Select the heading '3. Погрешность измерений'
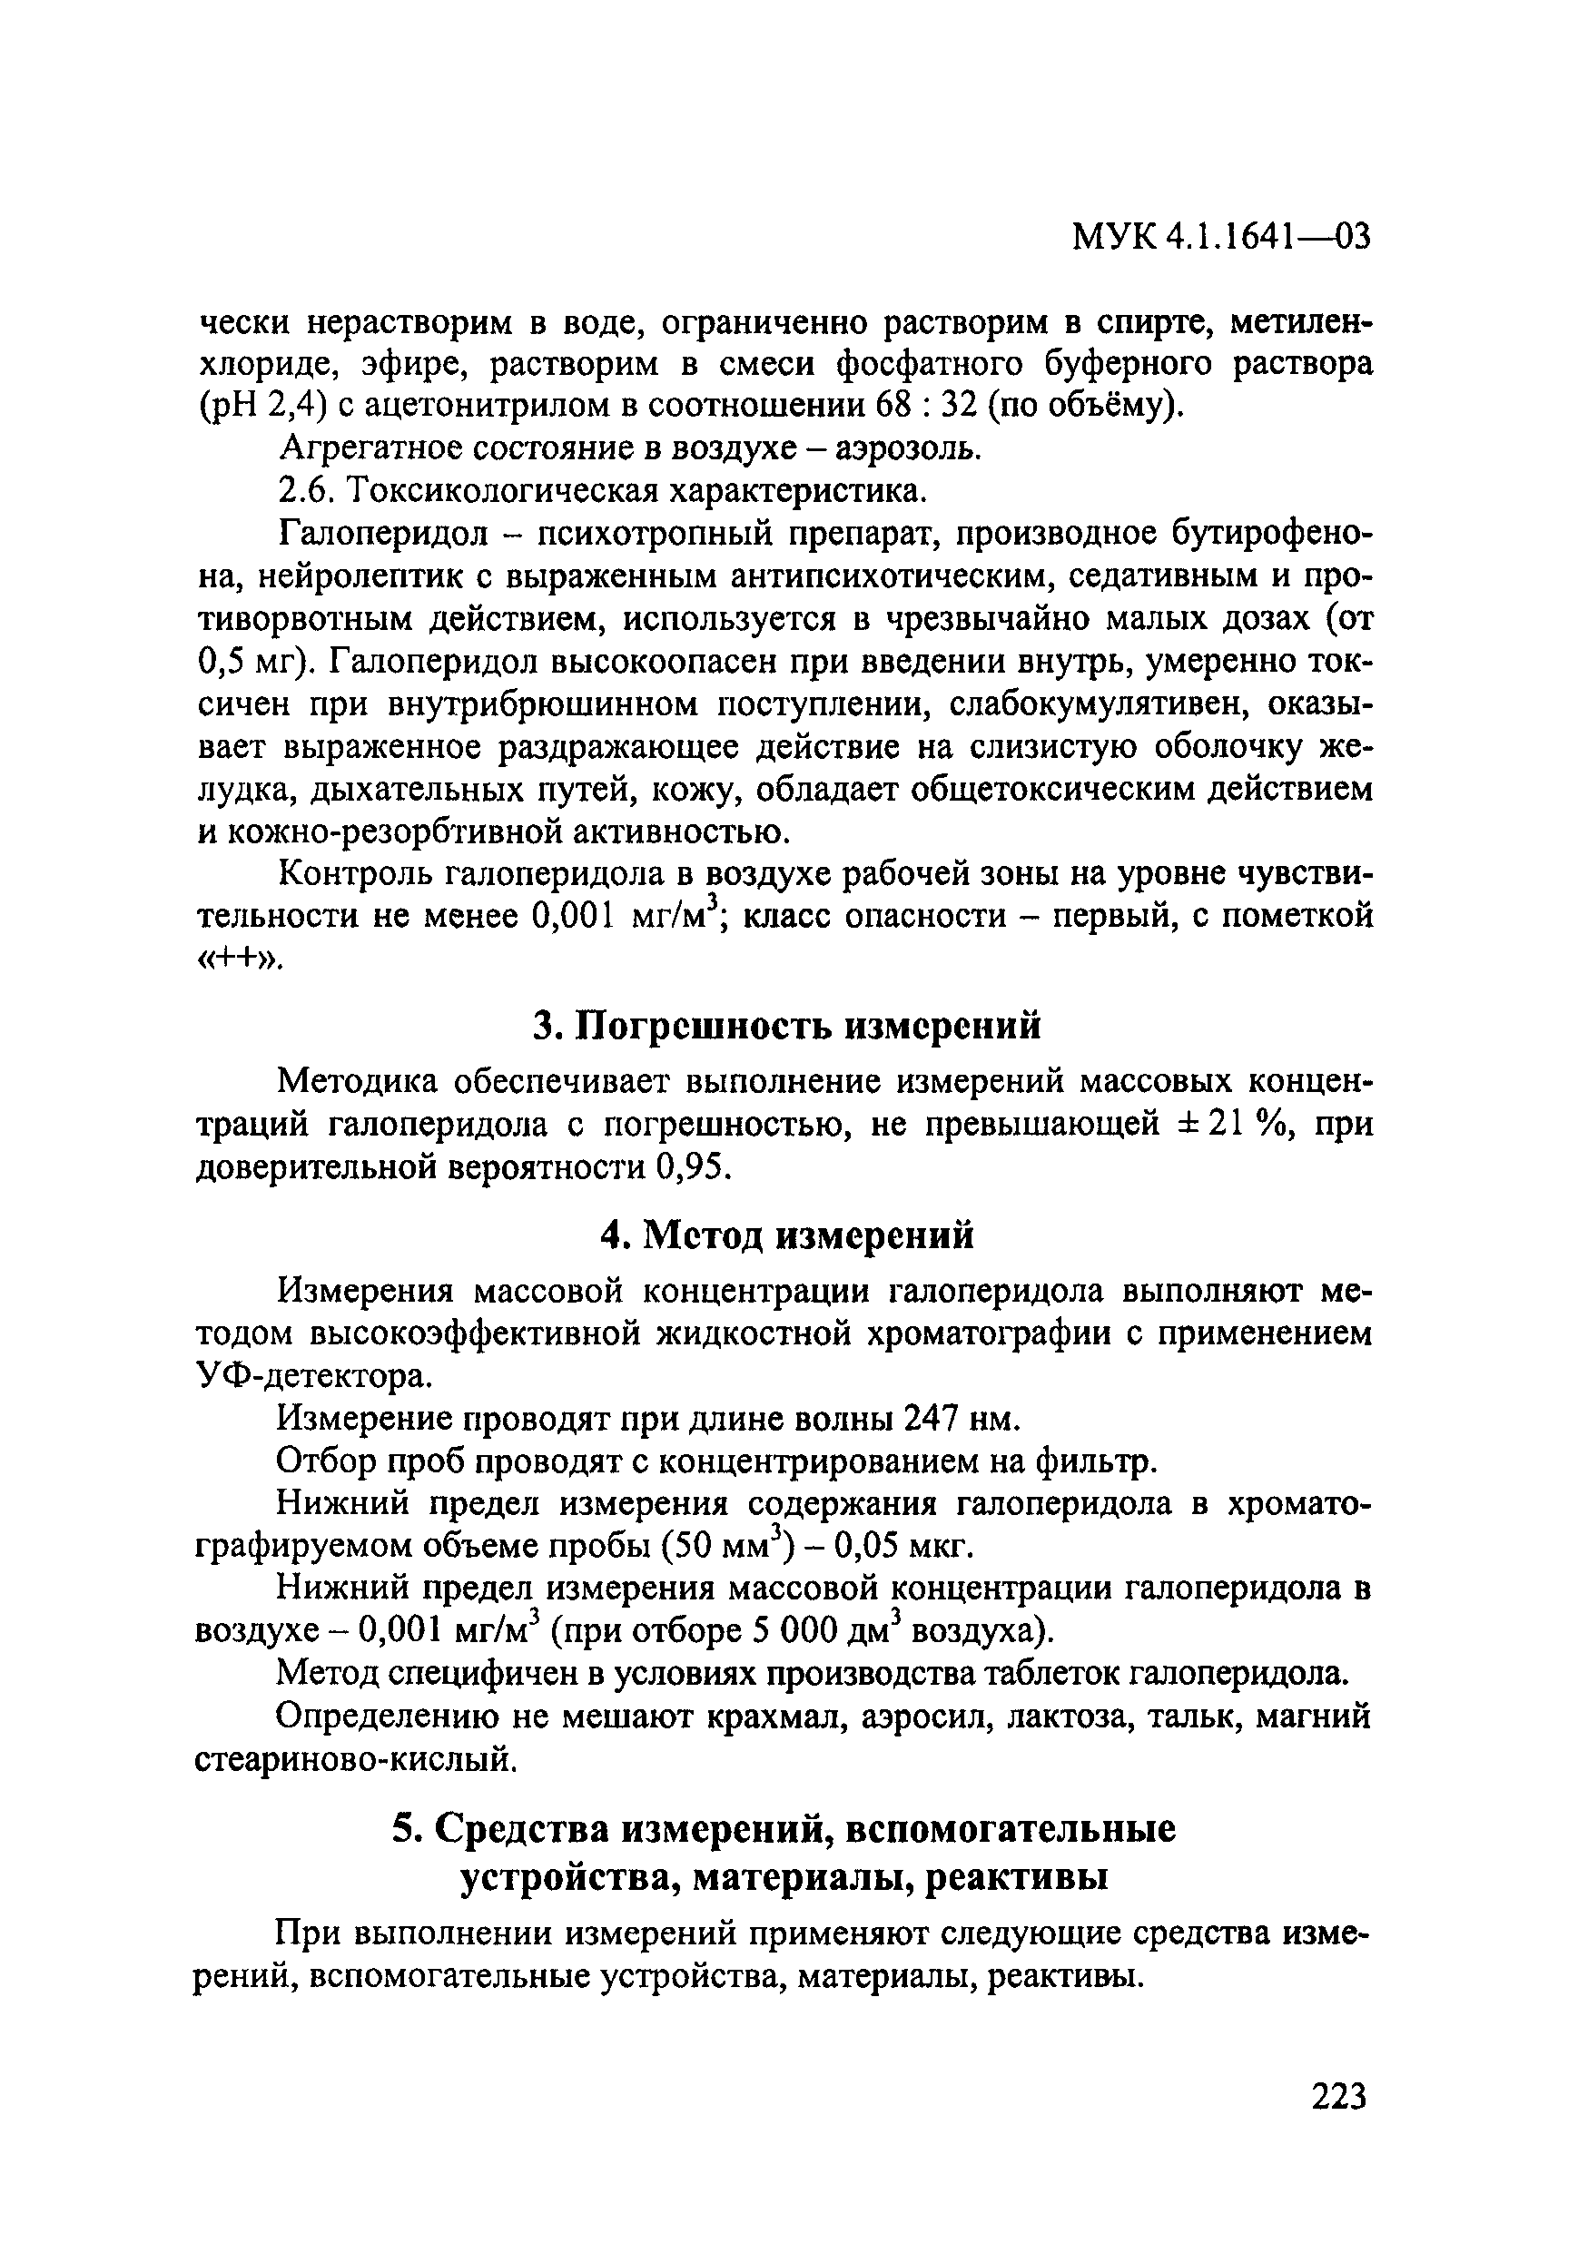coord(786,1027)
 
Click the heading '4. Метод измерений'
coord(787,1235)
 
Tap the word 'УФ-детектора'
coord(313,1378)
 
